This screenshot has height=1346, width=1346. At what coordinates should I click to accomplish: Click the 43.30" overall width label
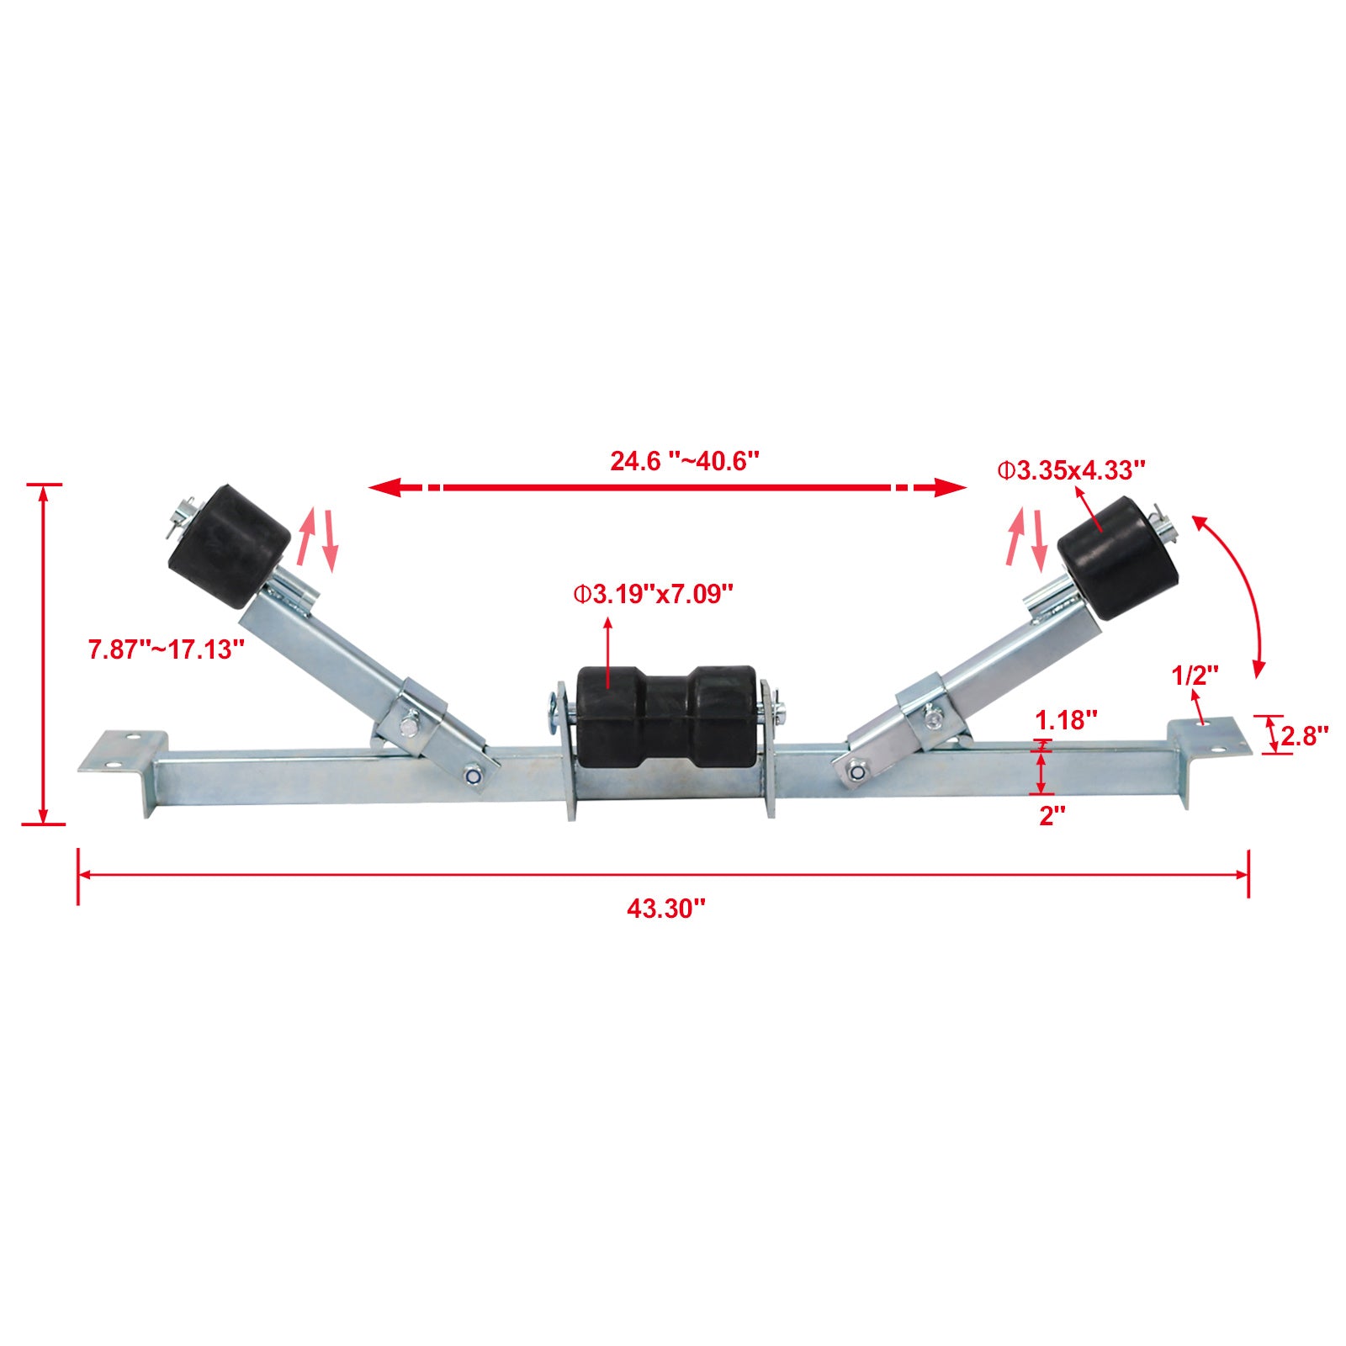coord(665,909)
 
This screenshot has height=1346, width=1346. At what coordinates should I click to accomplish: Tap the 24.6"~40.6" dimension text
coord(685,461)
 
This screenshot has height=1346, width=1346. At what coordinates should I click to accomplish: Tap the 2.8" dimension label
coord(1305,736)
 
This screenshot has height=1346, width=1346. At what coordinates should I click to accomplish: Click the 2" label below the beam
coord(1052,815)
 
